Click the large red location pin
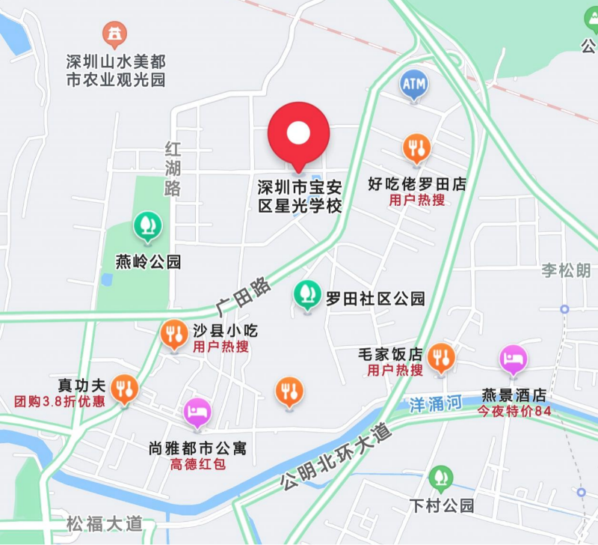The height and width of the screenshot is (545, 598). click(x=299, y=135)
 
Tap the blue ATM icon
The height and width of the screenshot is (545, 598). click(x=413, y=85)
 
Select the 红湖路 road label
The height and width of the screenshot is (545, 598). click(x=173, y=168)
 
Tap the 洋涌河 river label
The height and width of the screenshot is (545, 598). click(x=437, y=405)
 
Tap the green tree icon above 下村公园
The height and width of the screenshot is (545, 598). click(x=441, y=478)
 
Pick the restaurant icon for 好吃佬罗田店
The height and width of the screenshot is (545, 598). click(x=417, y=149)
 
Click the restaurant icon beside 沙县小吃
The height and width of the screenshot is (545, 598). click(x=174, y=334)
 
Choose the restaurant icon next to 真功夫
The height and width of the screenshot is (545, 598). click(x=124, y=389)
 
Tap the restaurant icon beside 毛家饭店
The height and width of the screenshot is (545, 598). click(x=442, y=358)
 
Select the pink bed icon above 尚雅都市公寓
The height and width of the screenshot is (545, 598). click(x=197, y=412)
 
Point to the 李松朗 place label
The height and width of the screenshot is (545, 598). click(x=566, y=270)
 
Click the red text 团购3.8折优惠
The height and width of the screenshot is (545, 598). click(x=60, y=401)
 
